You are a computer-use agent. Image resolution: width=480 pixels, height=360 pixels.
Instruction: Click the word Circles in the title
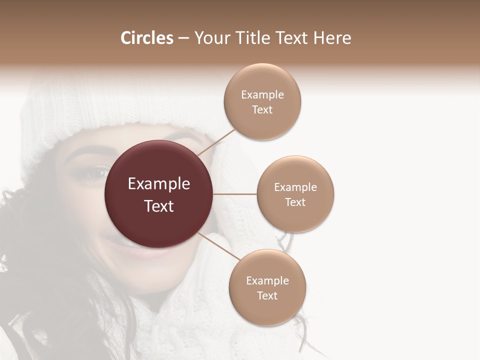tap(146, 38)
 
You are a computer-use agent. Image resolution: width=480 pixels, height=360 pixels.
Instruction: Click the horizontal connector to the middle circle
tap(235, 194)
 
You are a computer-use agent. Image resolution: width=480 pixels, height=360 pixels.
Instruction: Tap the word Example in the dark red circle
tap(159, 184)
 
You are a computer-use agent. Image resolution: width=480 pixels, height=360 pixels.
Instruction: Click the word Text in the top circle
tap(262, 110)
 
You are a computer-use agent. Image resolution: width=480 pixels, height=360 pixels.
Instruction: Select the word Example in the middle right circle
tap(295, 187)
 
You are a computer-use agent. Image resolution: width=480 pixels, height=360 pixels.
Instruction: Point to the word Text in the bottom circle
tap(267, 296)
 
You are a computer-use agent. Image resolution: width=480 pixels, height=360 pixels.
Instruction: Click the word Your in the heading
tap(210, 38)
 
